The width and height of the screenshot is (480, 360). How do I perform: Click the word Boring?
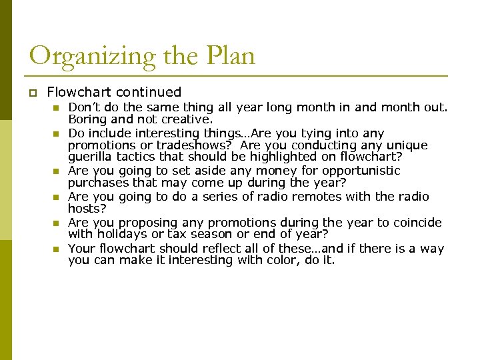[87, 119]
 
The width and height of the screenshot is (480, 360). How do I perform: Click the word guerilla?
[89, 157]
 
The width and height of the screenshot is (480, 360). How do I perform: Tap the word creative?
[189, 119]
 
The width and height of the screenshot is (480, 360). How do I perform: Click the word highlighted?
[257, 157]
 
